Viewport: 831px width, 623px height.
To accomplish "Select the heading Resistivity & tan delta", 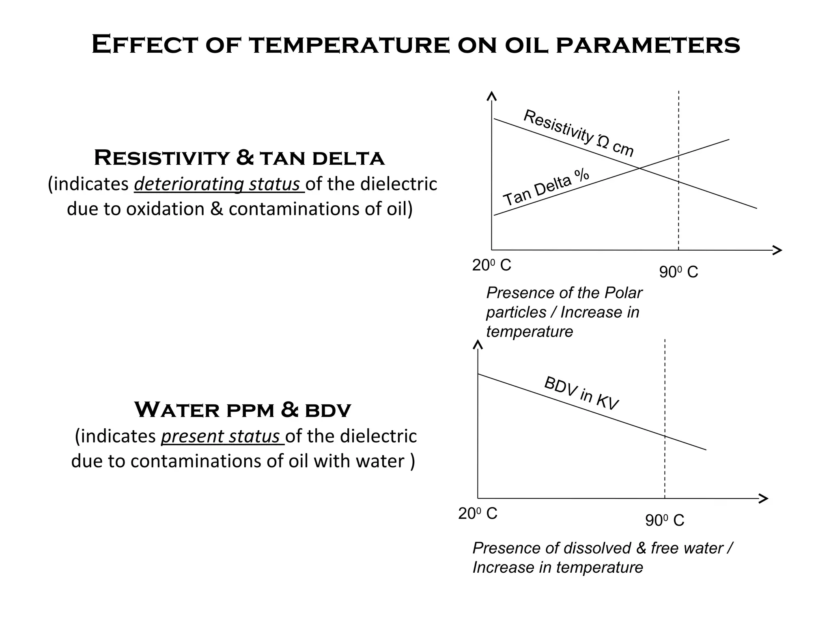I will click(239, 158).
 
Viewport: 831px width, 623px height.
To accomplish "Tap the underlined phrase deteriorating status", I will click(219, 184).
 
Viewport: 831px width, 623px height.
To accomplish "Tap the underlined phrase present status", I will click(222, 436).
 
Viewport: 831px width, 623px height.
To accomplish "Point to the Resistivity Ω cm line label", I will click(578, 133).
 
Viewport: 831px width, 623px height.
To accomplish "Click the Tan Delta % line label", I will click(546, 187).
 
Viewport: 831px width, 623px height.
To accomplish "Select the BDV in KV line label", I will click(581, 393).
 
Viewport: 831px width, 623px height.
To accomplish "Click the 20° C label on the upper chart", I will click(491, 265).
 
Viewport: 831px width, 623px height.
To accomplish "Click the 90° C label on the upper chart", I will click(678, 272).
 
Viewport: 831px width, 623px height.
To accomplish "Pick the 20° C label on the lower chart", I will click(478, 513).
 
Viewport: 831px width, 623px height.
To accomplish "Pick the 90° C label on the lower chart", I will click(665, 520).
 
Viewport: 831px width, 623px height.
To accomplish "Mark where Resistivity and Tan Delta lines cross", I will click(639, 168).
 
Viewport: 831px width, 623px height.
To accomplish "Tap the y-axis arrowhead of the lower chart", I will click(478, 345).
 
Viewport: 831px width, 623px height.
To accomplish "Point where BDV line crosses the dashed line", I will click(665, 436).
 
